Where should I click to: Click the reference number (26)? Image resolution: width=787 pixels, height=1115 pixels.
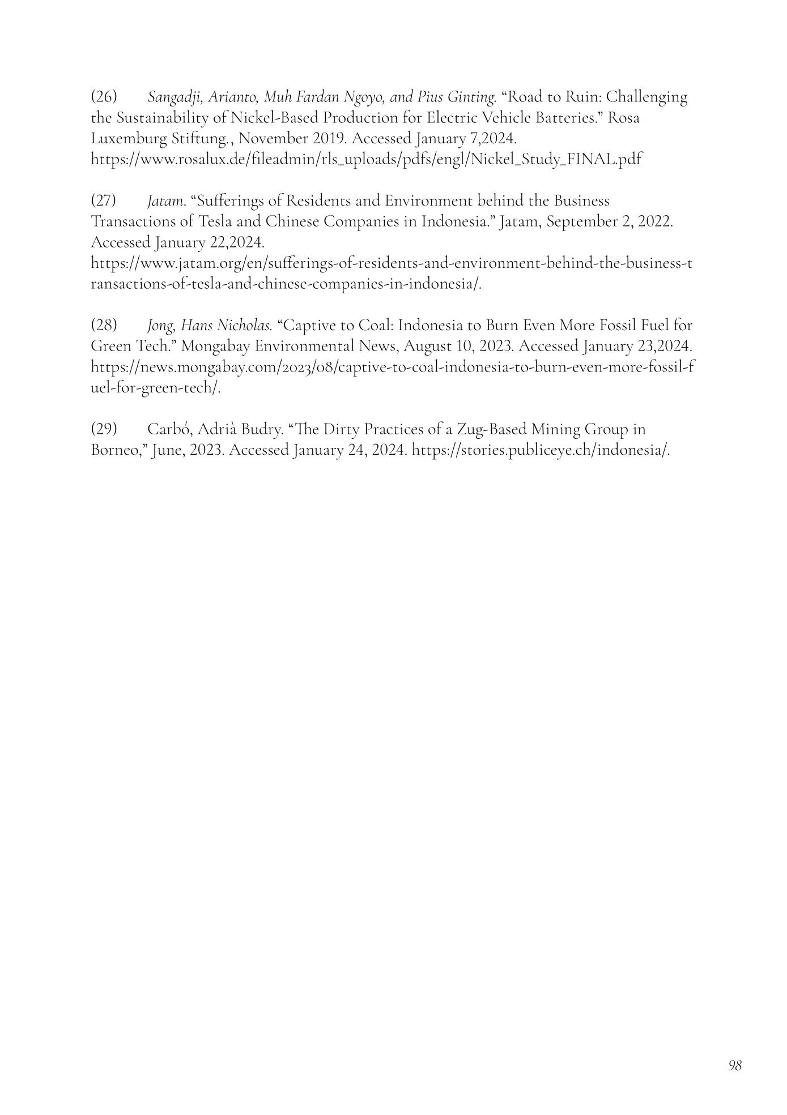(x=104, y=97)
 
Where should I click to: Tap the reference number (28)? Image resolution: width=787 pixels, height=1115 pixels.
(x=104, y=326)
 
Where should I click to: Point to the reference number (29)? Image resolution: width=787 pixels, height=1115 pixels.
(x=104, y=429)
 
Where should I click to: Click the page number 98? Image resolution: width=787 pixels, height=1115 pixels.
(x=734, y=1065)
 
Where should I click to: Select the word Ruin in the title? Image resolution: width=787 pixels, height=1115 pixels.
(x=582, y=97)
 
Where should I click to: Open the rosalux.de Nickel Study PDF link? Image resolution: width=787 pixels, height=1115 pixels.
(x=366, y=160)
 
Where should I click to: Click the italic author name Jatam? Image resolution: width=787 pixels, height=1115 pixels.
(x=166, y=201)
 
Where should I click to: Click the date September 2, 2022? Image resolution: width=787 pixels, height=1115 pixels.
(x=609, y=222)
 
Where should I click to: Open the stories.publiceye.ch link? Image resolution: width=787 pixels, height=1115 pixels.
(x=540, y=450)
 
